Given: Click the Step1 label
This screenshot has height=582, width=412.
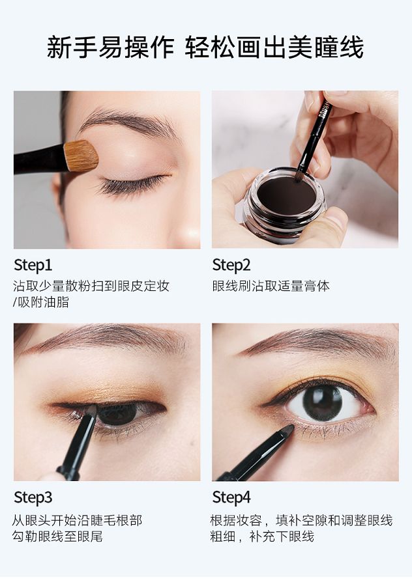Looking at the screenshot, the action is click(33, 265).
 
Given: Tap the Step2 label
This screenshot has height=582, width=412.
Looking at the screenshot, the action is click(231, 265).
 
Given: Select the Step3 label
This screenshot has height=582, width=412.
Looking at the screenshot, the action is click(33, 497).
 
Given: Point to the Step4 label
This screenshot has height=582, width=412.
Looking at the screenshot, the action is click(231, 497).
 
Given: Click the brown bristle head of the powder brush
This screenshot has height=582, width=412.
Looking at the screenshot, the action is click(81, 156).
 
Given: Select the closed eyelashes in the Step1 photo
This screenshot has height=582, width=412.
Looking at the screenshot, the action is click(132, 185).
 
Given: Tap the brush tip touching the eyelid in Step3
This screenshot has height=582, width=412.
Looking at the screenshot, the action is click(91, 410).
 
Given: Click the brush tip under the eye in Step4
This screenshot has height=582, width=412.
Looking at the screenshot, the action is click(287, 430).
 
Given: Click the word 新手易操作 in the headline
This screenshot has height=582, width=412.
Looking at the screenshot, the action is click(110, 48).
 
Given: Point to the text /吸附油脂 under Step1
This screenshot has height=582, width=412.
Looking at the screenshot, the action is click(41, 302).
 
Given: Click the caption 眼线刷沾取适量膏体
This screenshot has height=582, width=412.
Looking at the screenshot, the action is click(271, 286).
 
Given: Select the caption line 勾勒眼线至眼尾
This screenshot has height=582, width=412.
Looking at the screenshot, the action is click(57, 536).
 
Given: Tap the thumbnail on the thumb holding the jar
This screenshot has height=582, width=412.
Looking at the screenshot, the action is click(337, 218).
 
